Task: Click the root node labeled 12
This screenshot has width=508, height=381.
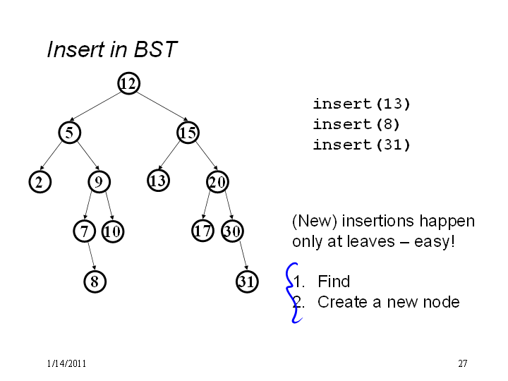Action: tap(128, 83)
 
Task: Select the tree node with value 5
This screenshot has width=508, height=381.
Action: tap(70, 133)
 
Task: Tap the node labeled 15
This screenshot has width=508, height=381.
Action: tap(188, 133)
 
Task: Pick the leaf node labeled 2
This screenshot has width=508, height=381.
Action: tap(40, 182)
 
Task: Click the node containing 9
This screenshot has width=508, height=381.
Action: tap(99, 182)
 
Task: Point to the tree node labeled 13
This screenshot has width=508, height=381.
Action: tap(159, 181)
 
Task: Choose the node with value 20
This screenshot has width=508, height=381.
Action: tap(217, 182)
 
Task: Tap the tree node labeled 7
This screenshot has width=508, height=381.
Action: tap(84, 231)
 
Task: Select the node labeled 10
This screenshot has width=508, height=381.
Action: tap(113, 231)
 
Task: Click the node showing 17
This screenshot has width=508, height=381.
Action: tap(202, 231)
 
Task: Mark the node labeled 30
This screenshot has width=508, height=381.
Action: tap(232, 231)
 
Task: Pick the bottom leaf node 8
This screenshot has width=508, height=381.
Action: tap(95, 282)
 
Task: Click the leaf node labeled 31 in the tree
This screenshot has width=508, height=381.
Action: tap(247, 282)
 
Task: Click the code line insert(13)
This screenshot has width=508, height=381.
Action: tap(361, 104)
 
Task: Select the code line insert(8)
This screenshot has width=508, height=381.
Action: tap(356, 124)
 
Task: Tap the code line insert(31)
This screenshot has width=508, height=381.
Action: tap(361, 145)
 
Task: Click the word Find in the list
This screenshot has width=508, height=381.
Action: tap(334, 282)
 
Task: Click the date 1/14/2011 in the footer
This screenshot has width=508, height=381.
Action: tap(66, 363)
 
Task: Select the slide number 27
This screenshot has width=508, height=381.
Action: tap(463, 363)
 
